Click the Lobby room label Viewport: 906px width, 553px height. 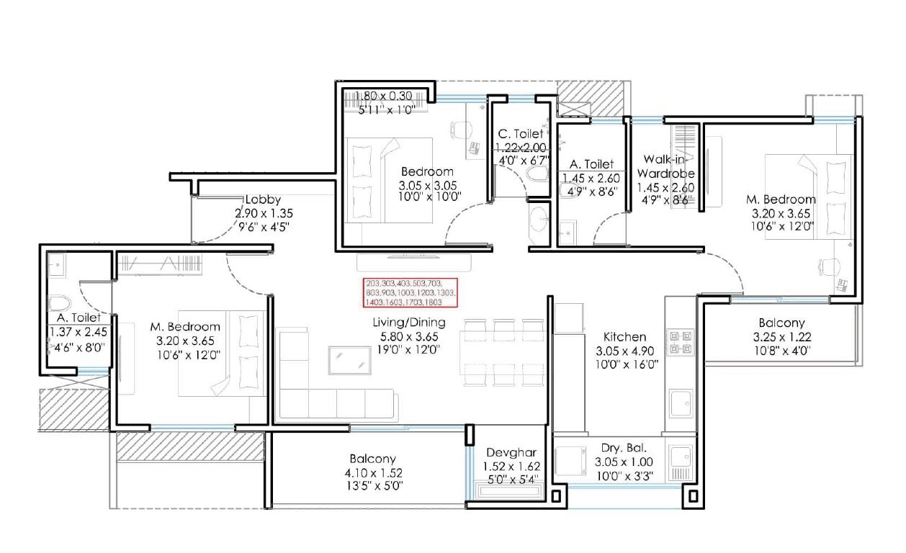[x=263, y=199]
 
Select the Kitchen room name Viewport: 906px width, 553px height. [x=624, y=337]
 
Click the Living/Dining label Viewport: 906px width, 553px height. [x=408, y=323]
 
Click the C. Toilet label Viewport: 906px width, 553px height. [x=521, y=134]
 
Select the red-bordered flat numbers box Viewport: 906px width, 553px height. [x=410, y=293]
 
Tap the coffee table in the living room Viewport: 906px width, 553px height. [x=349, y=360]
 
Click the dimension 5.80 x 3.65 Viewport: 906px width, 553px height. [x=408, y=336]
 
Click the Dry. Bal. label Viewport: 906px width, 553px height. [x=615, y=448]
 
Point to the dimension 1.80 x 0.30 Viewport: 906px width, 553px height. [x=385, y=95]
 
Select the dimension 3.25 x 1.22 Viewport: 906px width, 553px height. [x=781, y=337]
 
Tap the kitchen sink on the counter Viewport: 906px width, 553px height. [x=680, y=403]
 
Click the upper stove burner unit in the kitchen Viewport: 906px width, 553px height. [x=680, y=335]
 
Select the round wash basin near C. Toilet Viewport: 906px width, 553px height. [x=539, y=219]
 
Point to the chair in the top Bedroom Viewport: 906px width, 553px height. [x=460, y=130]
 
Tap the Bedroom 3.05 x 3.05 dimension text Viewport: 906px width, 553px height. [x=431, y=185]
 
